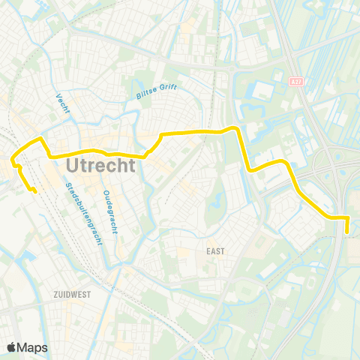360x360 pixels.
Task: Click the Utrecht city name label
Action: pos(100,163)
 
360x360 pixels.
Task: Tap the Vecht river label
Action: pos(62,104)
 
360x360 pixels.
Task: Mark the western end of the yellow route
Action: pos(35,191)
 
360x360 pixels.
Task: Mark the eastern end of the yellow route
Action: pos(347,232)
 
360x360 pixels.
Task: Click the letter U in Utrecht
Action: pos(73,163)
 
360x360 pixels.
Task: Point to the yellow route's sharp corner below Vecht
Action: pos(40,139)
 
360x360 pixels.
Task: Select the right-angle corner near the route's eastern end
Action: pos(347,217)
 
